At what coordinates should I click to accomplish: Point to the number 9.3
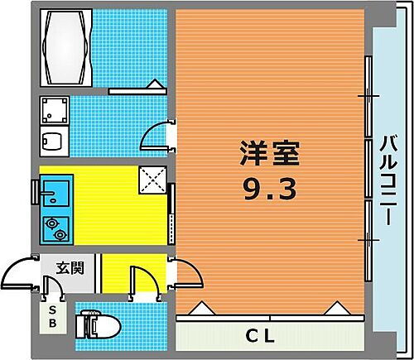click(x=269, y=190)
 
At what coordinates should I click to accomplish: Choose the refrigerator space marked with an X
click(x=153, y=178)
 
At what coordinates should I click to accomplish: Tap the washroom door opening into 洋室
click(x=157, y=135)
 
